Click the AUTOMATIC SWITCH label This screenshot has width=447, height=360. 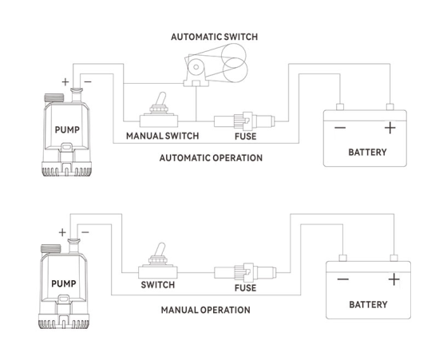[215, 37]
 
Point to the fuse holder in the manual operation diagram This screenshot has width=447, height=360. [245, 272]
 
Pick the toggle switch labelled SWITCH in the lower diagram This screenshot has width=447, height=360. [158, 261]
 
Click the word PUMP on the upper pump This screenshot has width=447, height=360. [67, 130]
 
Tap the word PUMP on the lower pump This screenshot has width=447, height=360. [64, 283]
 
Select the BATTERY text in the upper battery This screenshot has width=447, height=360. [367, 152]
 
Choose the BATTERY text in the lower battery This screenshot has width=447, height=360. [368, 305]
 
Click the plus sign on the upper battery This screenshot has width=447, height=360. [390, 128]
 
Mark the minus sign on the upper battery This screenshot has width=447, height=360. [340, 128]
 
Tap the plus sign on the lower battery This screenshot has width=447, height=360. [394, 279]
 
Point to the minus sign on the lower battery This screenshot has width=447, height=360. [343, 279]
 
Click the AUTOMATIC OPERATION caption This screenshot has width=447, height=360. [211, 158]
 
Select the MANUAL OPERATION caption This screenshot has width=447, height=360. [206, 310]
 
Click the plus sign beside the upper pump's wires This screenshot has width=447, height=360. [65, 82]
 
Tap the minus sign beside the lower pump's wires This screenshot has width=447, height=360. [85, 232]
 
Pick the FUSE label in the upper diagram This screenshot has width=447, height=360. [246, 136]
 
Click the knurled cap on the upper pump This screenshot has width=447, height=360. [54, 97]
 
